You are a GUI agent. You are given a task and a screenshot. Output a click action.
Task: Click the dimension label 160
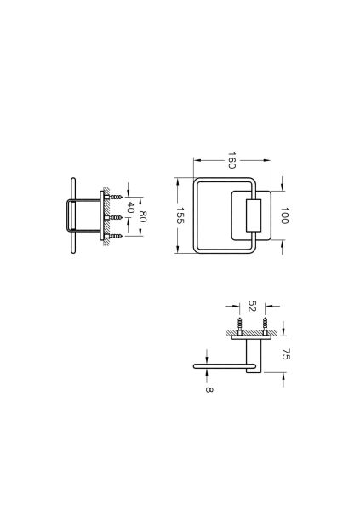(x=231, y=160)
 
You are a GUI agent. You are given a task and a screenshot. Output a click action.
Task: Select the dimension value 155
(x=180, y=215)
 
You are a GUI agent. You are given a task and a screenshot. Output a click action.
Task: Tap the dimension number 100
(x=284, y=215)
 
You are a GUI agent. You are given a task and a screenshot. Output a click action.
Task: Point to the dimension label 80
(x=142, y=216)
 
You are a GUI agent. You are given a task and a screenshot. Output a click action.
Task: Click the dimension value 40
(x=130, y=207)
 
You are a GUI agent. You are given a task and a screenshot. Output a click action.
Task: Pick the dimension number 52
(x=252, y=306)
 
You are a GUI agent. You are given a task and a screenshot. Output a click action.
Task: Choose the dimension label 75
(x=285, y=354)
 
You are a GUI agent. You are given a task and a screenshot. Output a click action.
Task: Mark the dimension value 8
(x=209, y=389)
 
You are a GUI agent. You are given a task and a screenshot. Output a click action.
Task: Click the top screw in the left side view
(x=114, y=197)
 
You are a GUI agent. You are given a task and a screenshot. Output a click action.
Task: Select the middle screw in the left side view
(x=114, y=217)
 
